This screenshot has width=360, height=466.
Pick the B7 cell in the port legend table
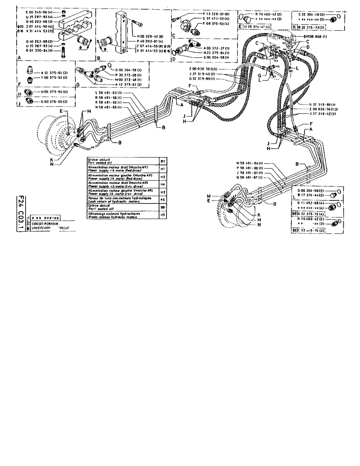coord(163,160)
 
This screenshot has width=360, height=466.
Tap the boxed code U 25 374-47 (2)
coord(258,28)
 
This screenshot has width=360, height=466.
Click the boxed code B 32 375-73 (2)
coord(315,28)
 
